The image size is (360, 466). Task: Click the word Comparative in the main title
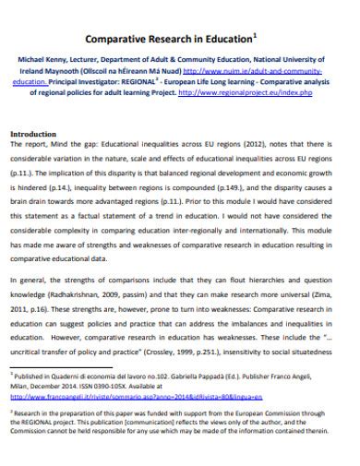tap(119, 39)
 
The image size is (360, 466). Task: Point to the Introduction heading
tap(32, 134)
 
